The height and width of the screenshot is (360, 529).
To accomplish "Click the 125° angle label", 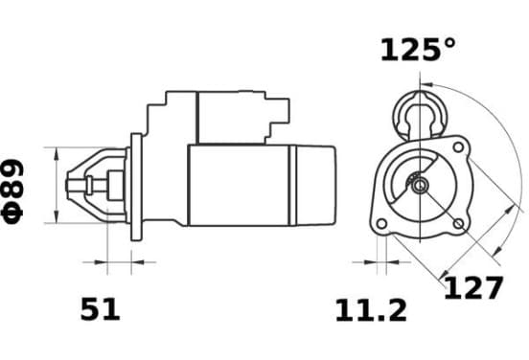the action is point(418,50).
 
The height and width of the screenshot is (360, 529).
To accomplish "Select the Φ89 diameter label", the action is point(12,191).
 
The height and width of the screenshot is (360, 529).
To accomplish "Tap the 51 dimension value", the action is point(101,308).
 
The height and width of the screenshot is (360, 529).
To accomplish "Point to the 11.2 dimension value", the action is point(371,310).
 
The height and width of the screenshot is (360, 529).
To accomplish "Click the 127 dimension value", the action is point(473,287).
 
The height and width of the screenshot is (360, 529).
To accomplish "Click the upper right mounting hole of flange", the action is point(458,146).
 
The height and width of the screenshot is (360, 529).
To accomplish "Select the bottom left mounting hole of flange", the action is point(381,223).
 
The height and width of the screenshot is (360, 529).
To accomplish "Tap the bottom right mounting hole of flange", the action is point(458,223).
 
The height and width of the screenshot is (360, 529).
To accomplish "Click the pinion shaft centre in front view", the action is point(420,185).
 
